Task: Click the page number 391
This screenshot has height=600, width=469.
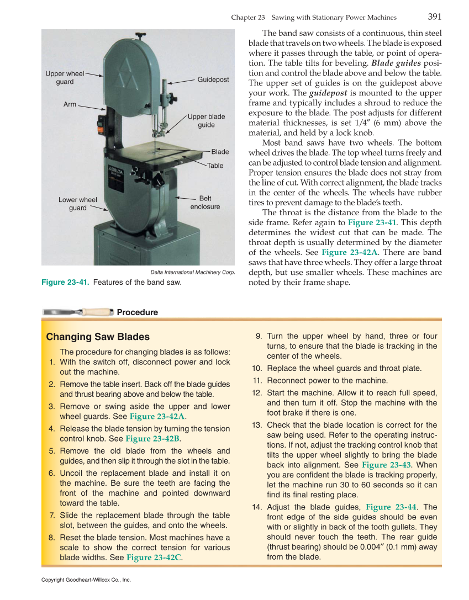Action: point(434,17)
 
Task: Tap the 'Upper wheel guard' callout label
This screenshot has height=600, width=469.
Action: point(65,78)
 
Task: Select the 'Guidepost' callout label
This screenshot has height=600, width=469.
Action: point(213,80)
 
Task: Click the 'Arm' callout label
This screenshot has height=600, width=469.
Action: point(70,104)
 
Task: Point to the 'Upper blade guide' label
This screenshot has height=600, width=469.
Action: point(206,121)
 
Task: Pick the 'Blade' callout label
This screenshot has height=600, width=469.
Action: point(220,152)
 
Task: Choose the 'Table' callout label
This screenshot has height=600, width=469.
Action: point(215,166)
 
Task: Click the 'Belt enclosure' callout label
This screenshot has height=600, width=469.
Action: point(205,203)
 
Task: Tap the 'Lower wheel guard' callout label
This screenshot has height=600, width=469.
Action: point(78,204)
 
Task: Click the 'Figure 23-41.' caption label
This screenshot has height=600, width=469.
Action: point(65,283)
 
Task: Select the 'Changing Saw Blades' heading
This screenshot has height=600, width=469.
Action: point(98,337)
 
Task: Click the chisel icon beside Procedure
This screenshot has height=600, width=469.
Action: point(77,312)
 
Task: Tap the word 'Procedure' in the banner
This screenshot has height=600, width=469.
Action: point(137,312)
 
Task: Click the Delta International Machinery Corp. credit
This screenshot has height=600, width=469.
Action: point(193,273)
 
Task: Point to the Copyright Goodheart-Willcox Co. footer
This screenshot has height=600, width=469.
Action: point(86,580)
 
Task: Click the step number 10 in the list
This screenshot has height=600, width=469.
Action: point(256,369)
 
